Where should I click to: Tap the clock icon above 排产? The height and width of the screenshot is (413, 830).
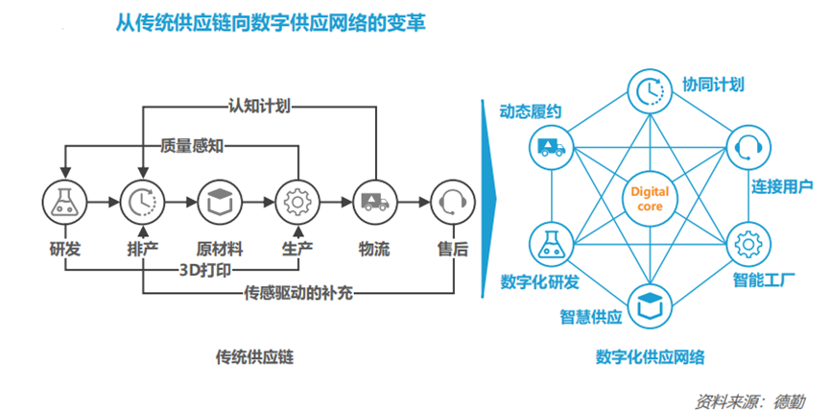point(141,203)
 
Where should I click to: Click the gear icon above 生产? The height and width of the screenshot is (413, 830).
point(295,203)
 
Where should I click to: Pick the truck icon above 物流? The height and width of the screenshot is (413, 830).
point(372,203)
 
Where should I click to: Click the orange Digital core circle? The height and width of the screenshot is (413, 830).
point(649,198)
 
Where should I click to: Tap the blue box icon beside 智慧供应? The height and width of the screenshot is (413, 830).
point(649,303)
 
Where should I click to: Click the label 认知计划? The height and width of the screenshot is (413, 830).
point(258,105)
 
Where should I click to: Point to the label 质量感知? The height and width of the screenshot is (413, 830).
point(193,146)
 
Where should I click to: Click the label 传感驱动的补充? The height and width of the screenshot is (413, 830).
point(298,292)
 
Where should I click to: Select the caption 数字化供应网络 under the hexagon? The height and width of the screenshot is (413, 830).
point(650,357)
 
